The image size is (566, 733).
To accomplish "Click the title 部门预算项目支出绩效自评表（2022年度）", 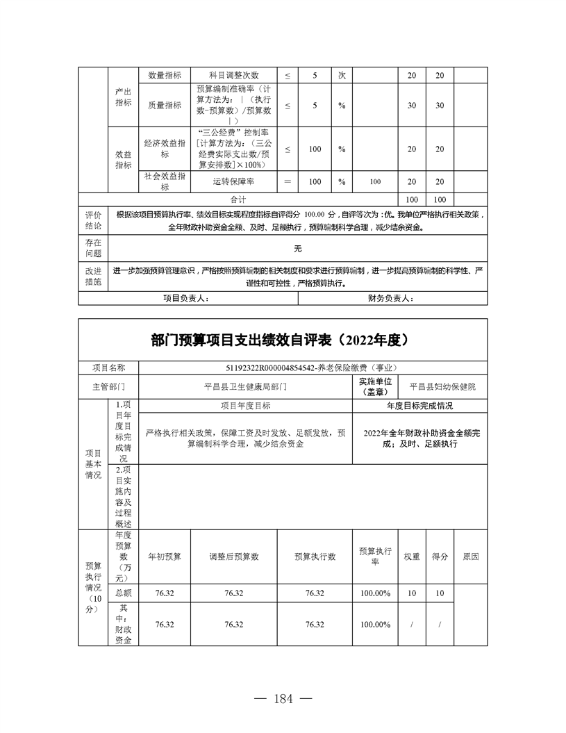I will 283,340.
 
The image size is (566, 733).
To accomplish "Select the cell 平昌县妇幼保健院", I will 447,385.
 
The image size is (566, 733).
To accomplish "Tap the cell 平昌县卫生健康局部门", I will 246,385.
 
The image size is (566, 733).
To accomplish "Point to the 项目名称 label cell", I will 108,368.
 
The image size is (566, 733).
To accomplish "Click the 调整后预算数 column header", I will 234,557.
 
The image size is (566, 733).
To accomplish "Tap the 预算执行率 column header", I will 376,557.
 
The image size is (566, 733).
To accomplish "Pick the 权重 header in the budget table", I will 412,557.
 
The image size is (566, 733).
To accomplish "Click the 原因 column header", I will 470,557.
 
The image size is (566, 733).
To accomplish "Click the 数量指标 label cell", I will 165,75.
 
